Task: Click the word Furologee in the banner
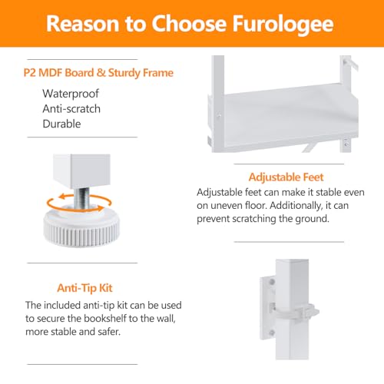tap(283, 24)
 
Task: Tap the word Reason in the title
tap(82, 24)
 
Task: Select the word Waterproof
tap(71, 94)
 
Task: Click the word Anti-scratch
tap(71, 109)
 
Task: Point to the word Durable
tap(61, 124)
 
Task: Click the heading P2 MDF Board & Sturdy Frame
tap(98, 73)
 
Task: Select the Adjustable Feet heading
tap(286, 177)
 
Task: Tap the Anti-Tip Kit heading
tap(84, 288)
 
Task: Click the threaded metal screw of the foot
tap(81, 197)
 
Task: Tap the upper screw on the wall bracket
tap(272, 282)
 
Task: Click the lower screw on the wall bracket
tap(272, 333)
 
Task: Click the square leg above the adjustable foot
tap(81, 171)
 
